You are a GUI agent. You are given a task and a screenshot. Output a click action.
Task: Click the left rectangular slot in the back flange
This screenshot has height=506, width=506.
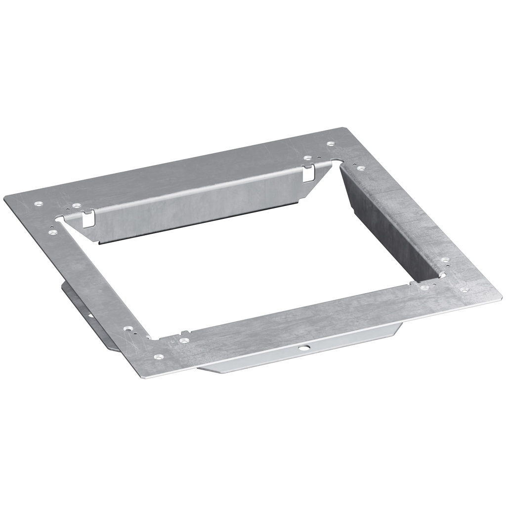88,218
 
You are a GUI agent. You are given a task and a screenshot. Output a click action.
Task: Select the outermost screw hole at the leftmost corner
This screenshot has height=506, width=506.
38,203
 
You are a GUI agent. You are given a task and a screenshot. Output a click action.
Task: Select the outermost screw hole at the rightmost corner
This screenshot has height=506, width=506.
464,291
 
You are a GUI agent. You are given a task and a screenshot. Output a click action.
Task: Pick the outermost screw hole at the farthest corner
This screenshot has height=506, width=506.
330,144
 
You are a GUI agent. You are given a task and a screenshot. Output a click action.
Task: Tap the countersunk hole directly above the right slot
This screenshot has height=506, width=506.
307,159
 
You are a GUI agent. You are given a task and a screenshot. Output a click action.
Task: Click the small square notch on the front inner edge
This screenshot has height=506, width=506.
183,333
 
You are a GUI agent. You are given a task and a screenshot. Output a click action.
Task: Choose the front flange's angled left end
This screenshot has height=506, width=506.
208,368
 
